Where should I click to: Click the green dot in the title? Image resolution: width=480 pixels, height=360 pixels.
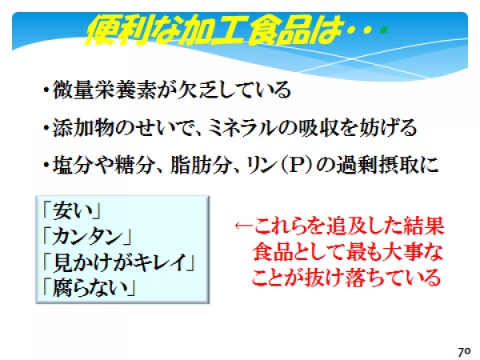pyautogui.click(x=383, y=30)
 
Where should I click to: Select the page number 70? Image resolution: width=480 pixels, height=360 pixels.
pyautogui.click(x=464, y=351)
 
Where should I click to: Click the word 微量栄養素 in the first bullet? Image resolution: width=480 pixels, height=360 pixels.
pyautogui.click(x=105, y=90)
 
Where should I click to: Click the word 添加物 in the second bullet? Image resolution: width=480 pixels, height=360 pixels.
pyautogui.click(x=83, y=127)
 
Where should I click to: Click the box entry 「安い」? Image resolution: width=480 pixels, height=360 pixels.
pyautogui.click(x=72, y=211)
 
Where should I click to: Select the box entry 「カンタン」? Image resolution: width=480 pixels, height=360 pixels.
pyautogui.click(x=87, y=237)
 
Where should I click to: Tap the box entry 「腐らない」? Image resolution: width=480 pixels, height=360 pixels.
pyautogui.click(x=89, y=288)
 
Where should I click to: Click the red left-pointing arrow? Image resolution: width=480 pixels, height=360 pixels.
pyautogui.click(x=244, y=226)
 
